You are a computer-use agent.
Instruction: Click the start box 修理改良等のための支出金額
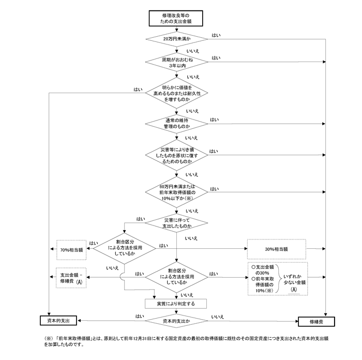[x=177, y=19]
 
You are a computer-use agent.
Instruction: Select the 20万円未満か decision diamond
[x=177, y=39]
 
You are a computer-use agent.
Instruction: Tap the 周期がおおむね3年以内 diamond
[x=177, y=63]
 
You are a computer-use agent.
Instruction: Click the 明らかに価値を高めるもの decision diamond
[x=177, y=93]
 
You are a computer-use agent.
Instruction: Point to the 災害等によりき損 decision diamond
[x=177, y=155]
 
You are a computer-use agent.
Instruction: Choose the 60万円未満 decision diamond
[x=177, y=191]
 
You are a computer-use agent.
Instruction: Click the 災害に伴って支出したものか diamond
[x=177, y=223]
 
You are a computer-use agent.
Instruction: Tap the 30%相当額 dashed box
[x=276, y=249]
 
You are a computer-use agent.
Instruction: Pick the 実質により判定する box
[x=176, y=304]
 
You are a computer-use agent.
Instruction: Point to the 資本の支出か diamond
[x=177, y=321]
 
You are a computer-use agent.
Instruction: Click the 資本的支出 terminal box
[x=59, y=321]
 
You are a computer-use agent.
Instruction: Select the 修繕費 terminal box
[x=316, y=321]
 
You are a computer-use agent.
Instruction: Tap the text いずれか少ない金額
[x=294, y=279]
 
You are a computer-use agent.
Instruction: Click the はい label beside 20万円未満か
[x=216, y=35]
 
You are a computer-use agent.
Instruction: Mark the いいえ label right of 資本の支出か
[x=218, y=316]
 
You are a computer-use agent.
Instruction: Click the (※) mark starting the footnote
[x=49, y=339]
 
